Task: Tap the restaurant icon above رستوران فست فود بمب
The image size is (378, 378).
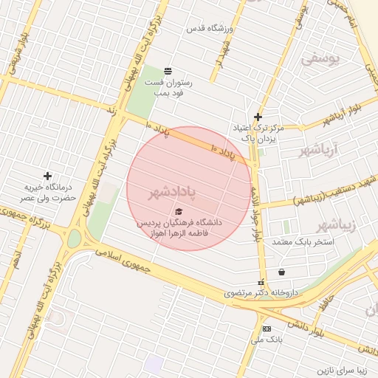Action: coord(168,70)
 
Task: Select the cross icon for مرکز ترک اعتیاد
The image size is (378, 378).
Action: coord(258,116)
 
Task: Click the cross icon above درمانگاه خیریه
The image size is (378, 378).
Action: coord(48,176)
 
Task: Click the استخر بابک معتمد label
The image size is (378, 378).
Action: coord(303,242)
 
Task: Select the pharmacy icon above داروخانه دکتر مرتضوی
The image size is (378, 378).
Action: coord(261,282)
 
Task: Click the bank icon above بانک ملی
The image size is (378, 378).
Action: coord(266,329)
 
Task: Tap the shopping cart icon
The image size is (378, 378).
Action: coord(282,272)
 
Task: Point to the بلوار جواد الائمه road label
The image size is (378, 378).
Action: coord(256,214)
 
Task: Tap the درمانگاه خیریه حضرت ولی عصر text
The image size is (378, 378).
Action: coord(48,193)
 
